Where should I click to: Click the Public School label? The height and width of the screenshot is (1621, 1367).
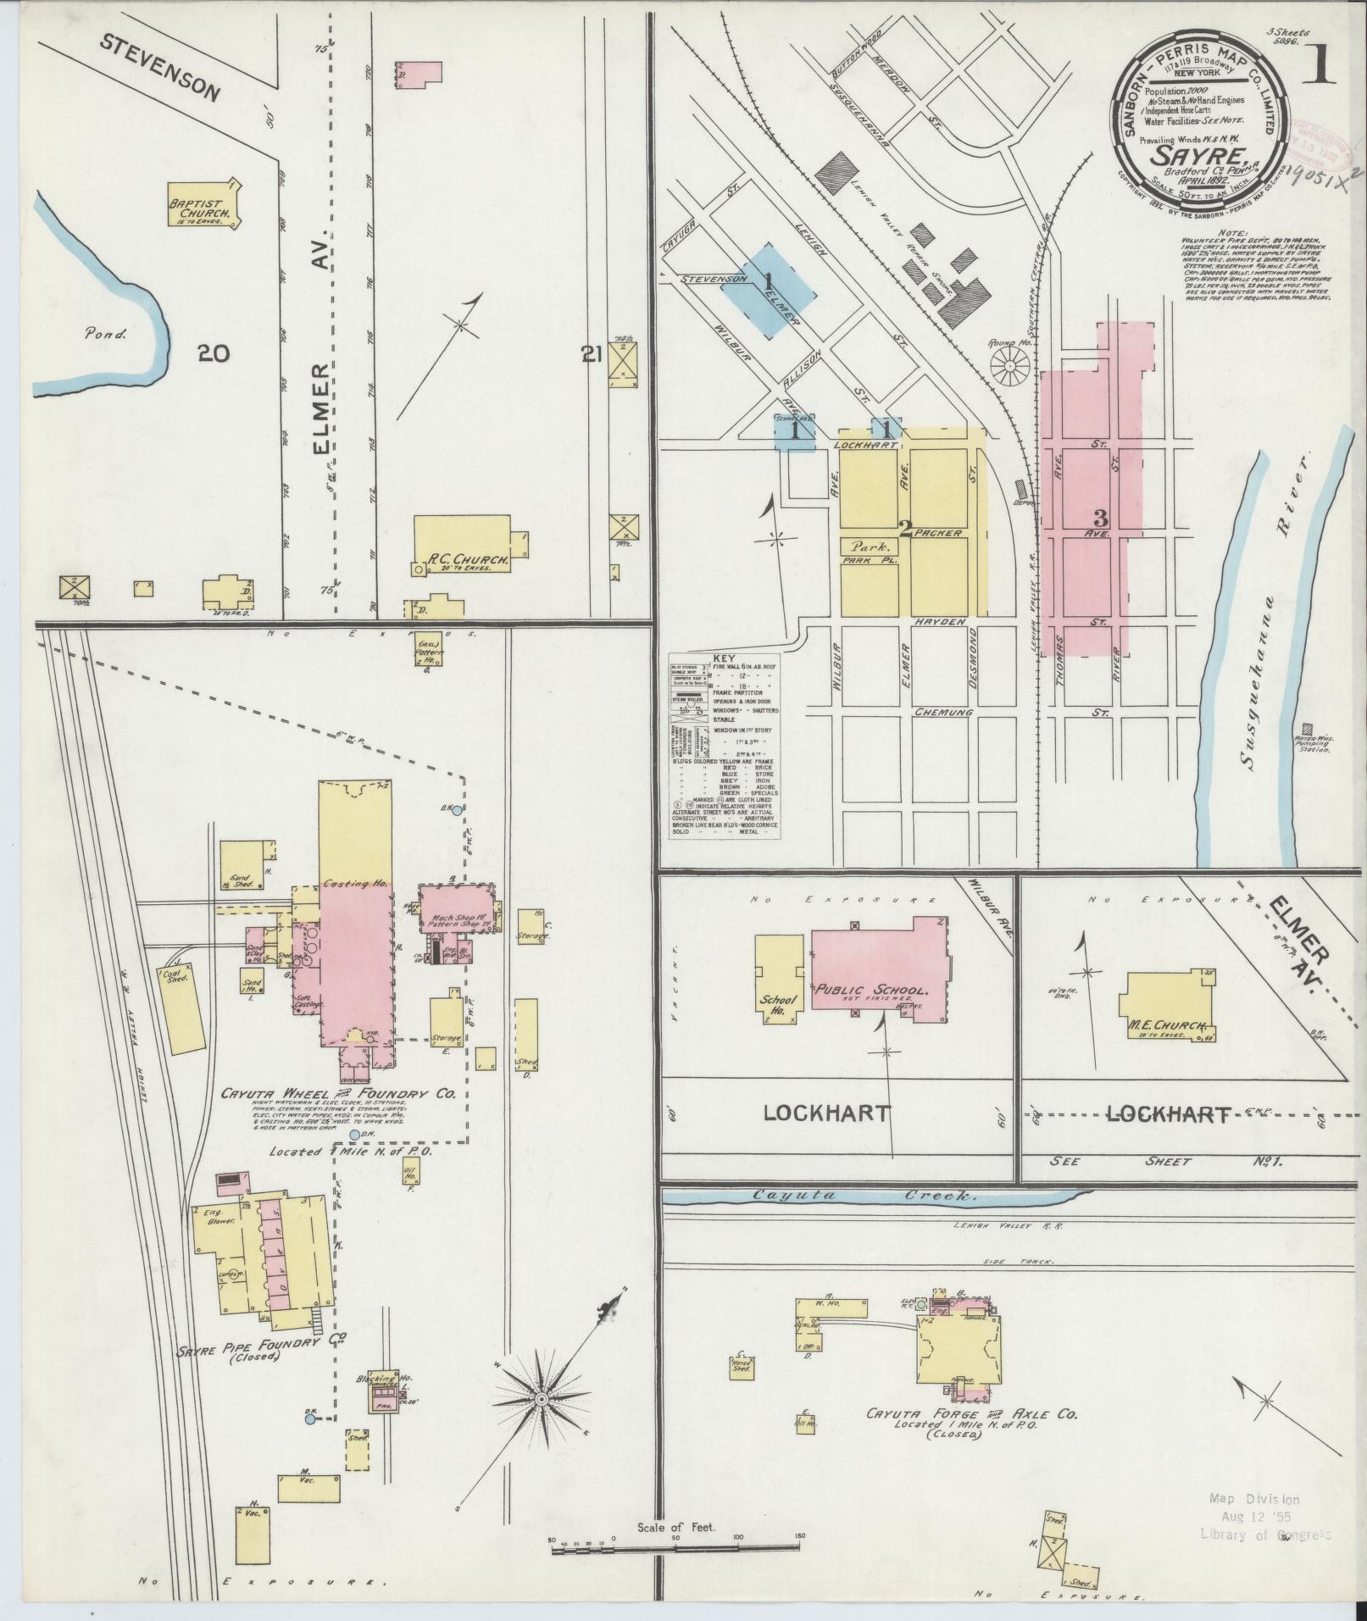pyautogui.click(x=872, y=989)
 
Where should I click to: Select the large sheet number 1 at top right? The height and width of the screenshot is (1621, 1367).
pyautogui.click(x=1319, y=64)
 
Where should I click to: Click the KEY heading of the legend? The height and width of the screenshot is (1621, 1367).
pyautogui.click(x=725, y=658)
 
